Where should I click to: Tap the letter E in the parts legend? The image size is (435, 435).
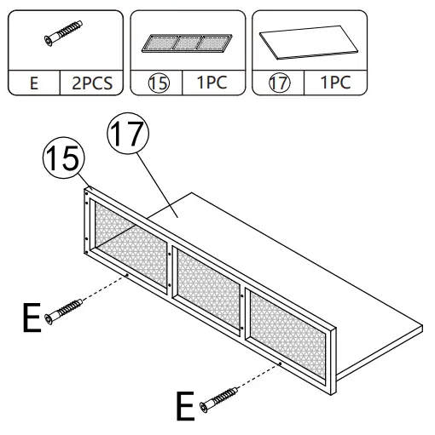(x=34, y=85)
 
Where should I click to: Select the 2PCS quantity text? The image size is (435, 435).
(x=92, y=85)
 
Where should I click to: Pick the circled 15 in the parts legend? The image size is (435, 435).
(x=160, y=85)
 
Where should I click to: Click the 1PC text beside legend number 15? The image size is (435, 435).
(x=213, y=85)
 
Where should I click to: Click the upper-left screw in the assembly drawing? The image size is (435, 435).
(x=65, y=311)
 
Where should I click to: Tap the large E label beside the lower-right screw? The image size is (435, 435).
(x=183, y=407)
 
